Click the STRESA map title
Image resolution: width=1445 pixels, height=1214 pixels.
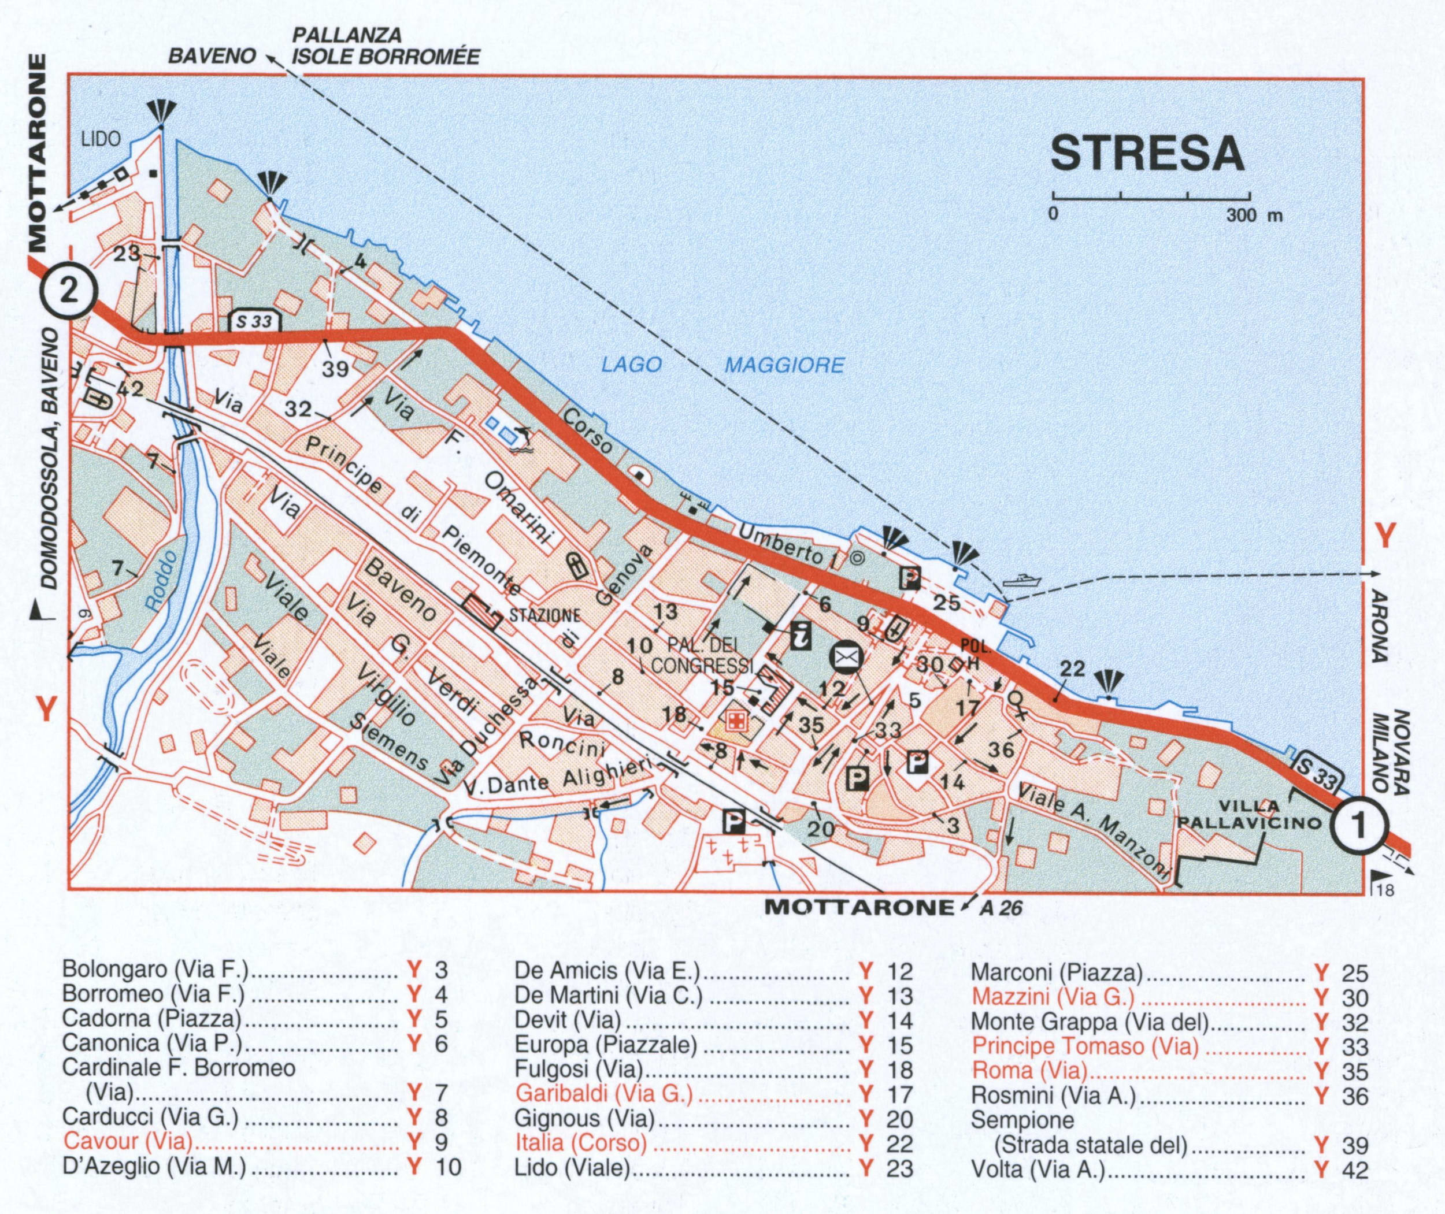tap(1147, 154)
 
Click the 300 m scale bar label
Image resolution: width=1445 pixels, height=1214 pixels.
tap(1254, 216)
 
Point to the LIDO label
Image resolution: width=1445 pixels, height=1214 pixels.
tap(101, 139)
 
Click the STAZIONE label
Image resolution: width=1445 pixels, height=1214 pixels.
tap(544, 615)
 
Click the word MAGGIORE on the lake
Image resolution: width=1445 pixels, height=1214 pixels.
tap(784, 365)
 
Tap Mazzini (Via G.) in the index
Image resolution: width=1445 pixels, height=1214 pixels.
tap(1052, 997)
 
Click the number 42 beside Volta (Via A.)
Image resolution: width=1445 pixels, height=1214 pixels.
tap(1355, 1170)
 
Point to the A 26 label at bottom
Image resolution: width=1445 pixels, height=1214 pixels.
tap(1002, 908)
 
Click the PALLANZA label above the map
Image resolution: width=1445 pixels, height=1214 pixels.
tap(347, 35)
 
